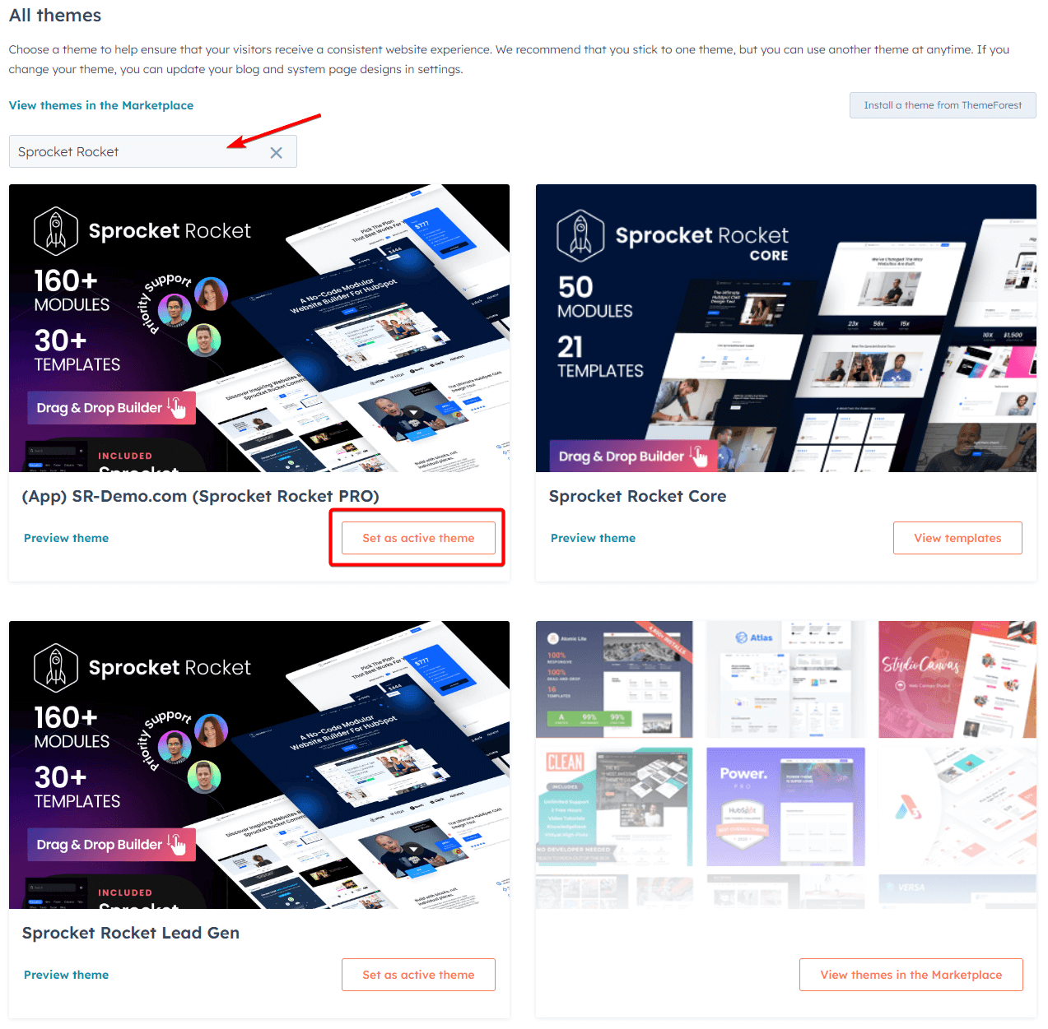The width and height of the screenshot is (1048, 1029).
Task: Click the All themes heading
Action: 55,16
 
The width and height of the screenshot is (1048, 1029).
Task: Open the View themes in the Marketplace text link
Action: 101,105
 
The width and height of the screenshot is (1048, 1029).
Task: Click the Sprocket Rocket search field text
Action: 68,152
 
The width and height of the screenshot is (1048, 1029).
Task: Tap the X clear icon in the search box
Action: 276,153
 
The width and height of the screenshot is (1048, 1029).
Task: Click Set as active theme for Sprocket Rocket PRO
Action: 418,538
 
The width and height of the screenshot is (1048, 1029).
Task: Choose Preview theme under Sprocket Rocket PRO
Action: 67,538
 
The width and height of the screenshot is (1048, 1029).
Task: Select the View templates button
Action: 957,538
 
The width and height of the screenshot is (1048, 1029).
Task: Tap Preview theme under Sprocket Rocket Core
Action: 593,538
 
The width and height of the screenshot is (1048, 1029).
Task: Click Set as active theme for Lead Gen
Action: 418,975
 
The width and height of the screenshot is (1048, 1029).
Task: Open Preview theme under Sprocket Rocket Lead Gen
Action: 67,975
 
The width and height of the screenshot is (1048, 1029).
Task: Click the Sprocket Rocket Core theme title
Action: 637,496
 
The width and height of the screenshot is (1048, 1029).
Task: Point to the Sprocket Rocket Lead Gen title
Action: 131,933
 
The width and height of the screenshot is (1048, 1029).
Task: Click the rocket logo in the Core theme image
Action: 580,235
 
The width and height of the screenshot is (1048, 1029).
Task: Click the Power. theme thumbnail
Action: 785,806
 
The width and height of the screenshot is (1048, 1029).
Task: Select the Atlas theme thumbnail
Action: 785,679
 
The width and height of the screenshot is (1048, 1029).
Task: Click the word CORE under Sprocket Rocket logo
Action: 769,256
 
